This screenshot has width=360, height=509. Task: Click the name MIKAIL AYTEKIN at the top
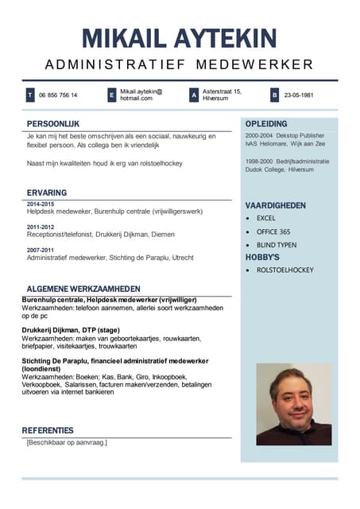pos(180,37)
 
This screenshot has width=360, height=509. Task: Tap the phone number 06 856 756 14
pos(58,95)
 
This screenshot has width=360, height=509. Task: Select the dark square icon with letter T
pos(30,95)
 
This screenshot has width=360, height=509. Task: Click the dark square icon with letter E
pos(112,95)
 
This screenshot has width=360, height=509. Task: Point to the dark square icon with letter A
pos(193,95)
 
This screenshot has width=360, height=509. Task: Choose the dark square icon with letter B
pos(274,95)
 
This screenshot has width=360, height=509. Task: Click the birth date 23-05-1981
pos(299,95)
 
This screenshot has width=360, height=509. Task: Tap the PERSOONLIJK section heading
pos(52,124)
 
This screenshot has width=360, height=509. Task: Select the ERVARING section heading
pos(46,192)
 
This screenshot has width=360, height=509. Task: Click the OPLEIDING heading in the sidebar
pos(266,124)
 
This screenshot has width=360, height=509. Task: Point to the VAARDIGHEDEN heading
pos(275,205)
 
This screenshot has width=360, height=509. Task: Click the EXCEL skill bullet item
pos(265,218)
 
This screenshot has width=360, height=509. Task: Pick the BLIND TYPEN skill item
pos(277,245)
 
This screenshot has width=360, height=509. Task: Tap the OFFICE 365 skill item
pos(273,231)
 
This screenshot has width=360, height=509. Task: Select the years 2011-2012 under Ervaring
pos(41,227)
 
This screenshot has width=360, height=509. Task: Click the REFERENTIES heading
pos(48,430)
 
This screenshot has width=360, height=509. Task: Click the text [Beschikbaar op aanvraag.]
pos(67,442)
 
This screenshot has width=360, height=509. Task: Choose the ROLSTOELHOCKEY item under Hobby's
pos(285,270)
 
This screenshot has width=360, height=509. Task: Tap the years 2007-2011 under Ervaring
pos(41,250)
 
